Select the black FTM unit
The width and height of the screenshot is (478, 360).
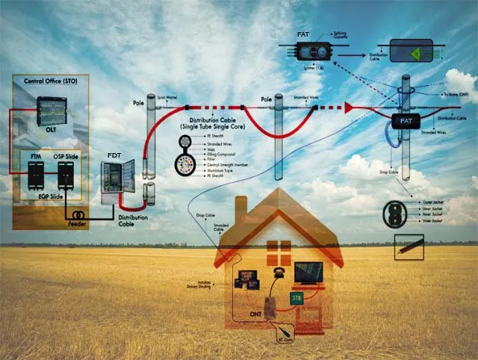pyautogui.click(x=34, y=175)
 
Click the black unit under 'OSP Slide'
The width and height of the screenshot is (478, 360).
pyautogui.click(x=66, y=174)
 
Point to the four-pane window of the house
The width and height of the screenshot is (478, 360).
pyautogui.click(x=279, y=249)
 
